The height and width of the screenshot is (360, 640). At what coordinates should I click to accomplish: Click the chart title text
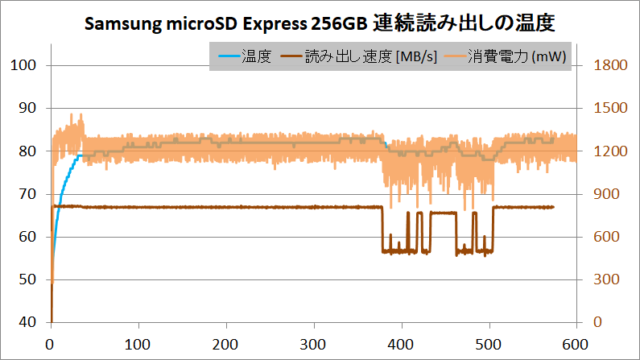click(320, 24)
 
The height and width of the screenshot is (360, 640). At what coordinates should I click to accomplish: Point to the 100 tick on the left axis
click(27, 65)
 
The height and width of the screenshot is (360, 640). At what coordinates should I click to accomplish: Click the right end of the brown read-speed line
click(553, 207)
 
